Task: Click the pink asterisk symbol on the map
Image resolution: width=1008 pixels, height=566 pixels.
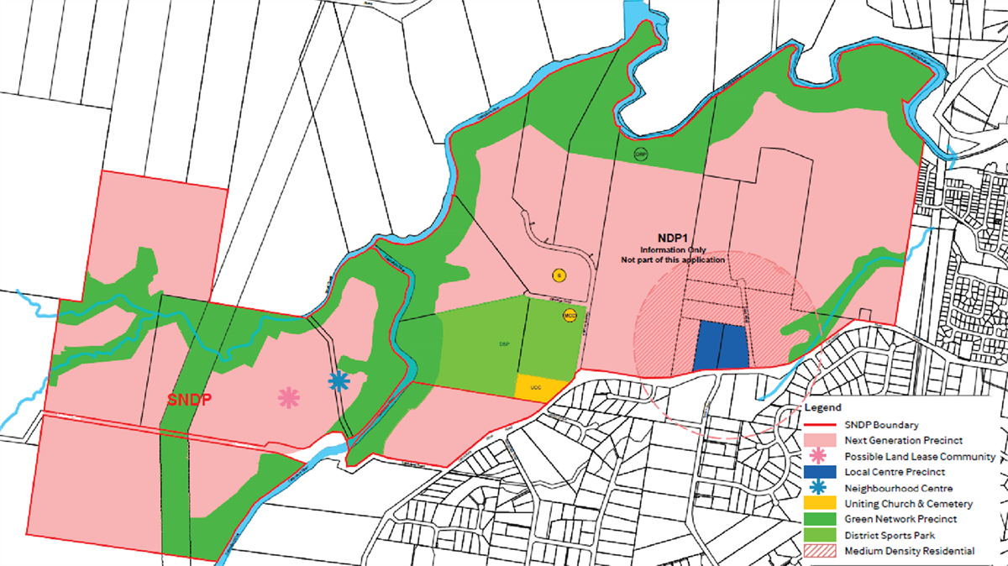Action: [x=289, y=398]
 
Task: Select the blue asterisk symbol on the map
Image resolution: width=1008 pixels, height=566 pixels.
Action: [x=339, y=381]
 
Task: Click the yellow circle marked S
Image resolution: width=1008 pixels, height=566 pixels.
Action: [x=557, y=275]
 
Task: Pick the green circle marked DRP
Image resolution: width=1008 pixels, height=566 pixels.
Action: [x=641, y=155]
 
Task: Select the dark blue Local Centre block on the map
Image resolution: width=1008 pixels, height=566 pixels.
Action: [x=722, y=345]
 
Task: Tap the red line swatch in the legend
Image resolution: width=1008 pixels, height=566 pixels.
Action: [x=821, y=425]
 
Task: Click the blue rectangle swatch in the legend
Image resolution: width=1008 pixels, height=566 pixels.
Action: [x=821, y=472]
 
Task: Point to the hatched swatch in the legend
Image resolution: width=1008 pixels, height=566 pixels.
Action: [x=821, y=551]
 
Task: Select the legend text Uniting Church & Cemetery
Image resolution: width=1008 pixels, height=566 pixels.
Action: [x=909, y=504]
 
